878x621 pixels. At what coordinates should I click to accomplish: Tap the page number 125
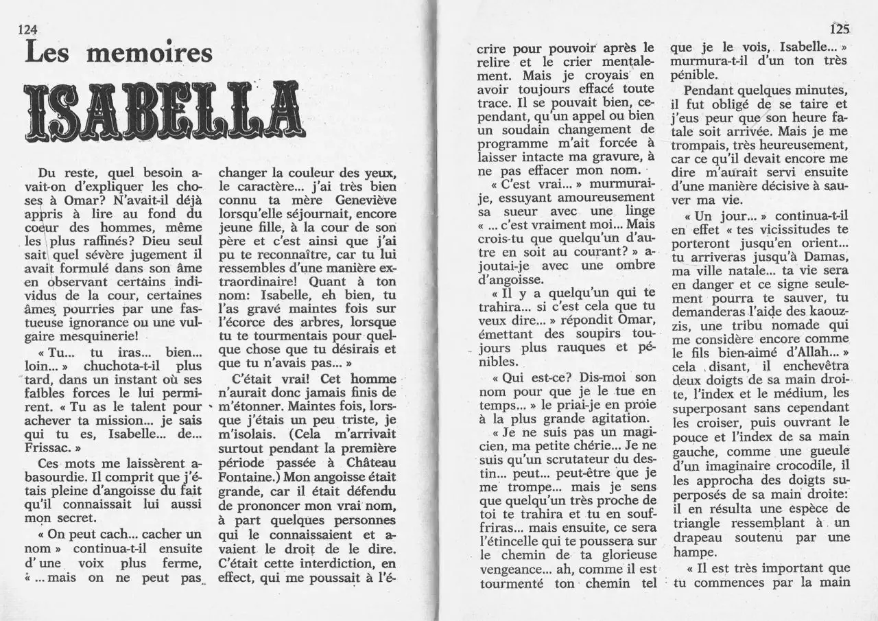tap(839, 29)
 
